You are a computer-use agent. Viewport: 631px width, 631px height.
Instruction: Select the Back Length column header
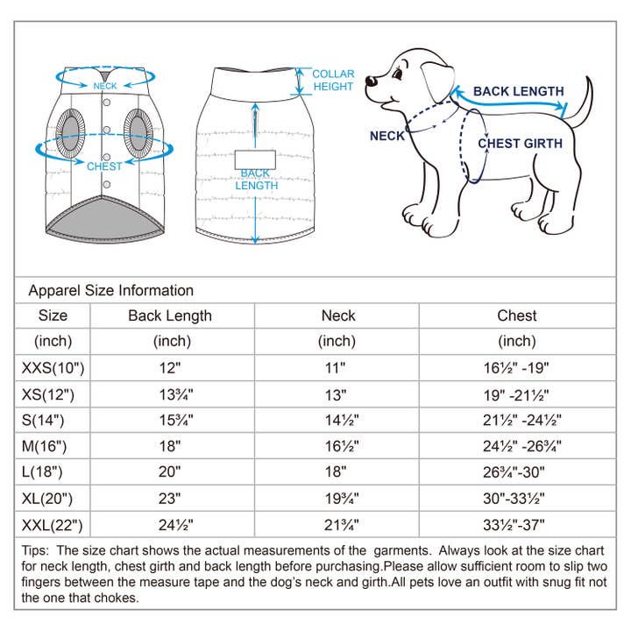[170, 315]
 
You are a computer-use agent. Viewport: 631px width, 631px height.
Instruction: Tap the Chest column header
[516, 315]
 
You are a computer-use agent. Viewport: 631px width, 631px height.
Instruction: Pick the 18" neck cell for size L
[337, 473]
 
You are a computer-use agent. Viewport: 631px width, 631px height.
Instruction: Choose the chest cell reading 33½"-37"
[517, 526]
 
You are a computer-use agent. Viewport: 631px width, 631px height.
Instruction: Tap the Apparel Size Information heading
[111, 291]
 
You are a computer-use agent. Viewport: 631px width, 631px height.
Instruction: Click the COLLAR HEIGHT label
[333, 81]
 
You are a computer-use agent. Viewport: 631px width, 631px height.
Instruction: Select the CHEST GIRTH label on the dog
[520, 144]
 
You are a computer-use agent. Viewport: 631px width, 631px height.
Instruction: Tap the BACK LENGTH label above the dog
[519, 91]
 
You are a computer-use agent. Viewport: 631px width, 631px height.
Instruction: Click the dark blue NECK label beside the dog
[387, 136]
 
